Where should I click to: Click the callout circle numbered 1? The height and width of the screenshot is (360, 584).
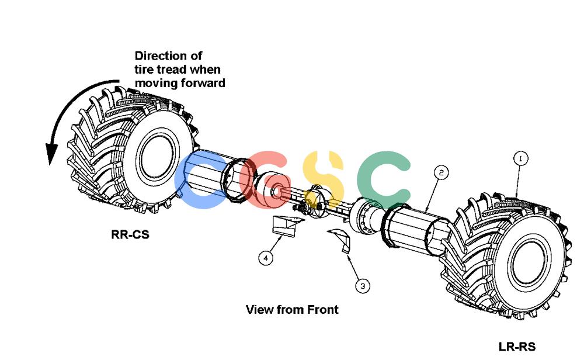tap(520, 159)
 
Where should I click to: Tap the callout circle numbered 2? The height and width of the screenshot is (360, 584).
tap(442, 172)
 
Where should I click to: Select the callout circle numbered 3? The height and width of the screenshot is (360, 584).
tap(363, 286)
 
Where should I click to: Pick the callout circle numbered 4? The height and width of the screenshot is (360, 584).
tap(266, 258)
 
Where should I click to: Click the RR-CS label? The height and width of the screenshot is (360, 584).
tap(130, 234)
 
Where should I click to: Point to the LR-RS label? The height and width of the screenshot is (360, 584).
tap(517, 347)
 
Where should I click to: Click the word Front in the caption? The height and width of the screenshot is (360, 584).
tap(323, 309)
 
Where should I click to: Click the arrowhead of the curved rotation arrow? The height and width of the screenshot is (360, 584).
tap(51, 154)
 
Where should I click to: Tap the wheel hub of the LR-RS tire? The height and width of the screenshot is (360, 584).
tap(530, 262)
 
